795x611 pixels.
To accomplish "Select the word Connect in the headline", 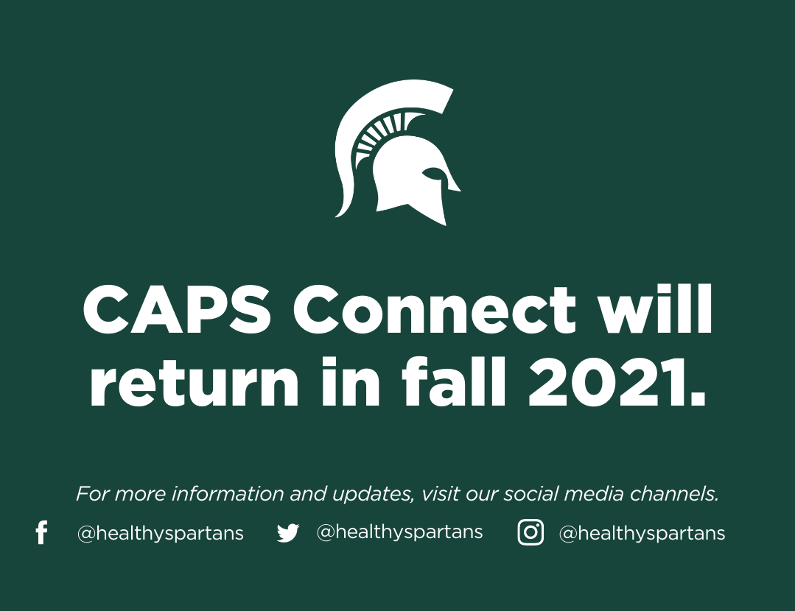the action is pos(435,309).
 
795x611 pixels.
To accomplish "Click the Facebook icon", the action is pos(41,532).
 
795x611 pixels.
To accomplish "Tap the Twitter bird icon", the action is pos(288,533).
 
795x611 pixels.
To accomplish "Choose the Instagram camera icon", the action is pos(530,532).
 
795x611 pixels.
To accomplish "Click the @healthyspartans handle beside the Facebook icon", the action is pos(160,534).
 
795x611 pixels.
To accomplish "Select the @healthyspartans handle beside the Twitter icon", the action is pos(399,532).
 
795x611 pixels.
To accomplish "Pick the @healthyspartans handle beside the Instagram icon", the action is pos(642,534).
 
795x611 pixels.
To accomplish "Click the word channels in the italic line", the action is pos(674,493).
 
